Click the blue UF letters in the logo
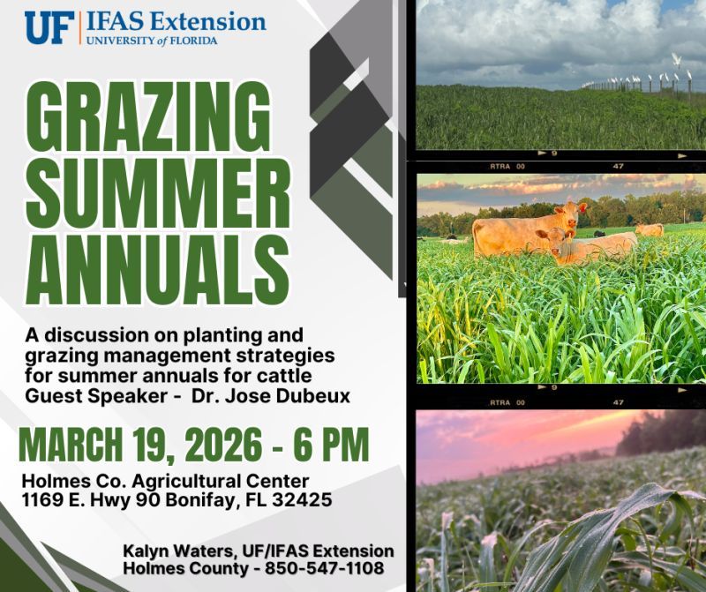[49, 27]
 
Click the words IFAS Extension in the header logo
[176, 22]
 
